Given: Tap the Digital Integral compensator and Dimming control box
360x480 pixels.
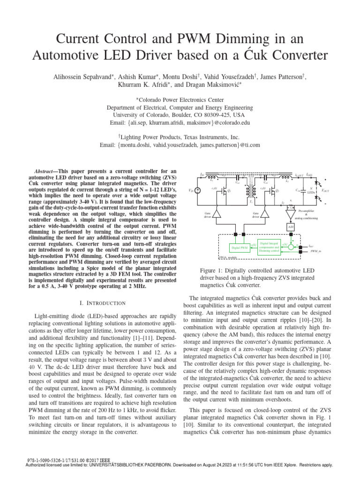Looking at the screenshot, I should pos(268,247).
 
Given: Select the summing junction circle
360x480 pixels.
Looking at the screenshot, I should pos(290,246).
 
